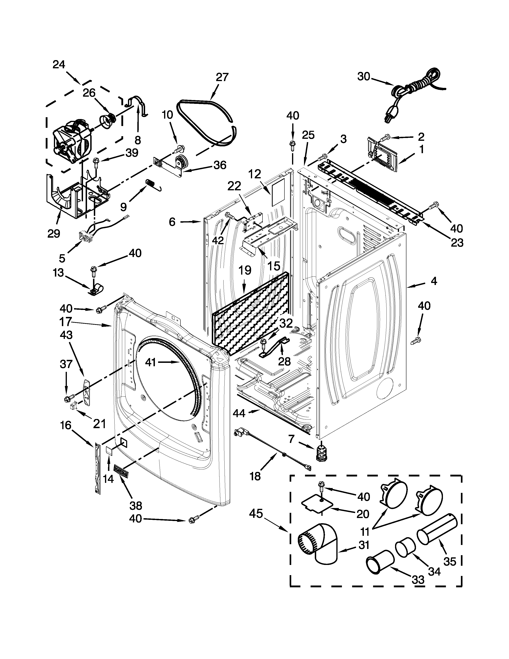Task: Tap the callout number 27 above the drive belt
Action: [222, 77]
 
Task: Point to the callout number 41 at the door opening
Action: [151, 362]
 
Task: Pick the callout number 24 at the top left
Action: [59, 65]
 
